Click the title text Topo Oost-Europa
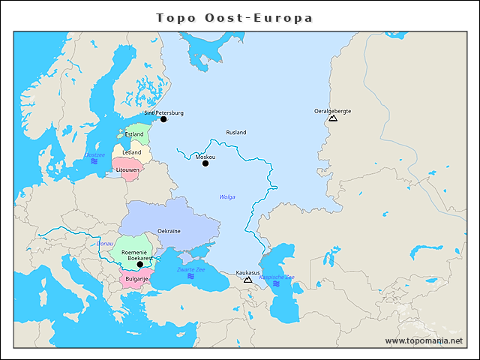[234, 17]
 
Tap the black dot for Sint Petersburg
[163, 119]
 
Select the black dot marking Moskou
[205, 163]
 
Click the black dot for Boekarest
[139, 265]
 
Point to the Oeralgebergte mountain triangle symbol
[333, 118]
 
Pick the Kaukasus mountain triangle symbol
[247, 280]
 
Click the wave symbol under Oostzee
[94, 162]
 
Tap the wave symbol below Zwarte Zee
[190, 276]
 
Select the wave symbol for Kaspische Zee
[277, 283]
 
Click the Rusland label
[236, 133]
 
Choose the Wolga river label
[226, 197]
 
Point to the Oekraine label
[169, 231]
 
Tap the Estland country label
[134, 134]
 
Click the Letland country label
[131, 152]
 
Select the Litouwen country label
[127, 170]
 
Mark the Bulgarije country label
[137, 279]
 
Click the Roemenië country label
[134, 253]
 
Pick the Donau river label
[104, 243]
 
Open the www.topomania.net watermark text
[424, 341]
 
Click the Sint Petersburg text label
[163, 113]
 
